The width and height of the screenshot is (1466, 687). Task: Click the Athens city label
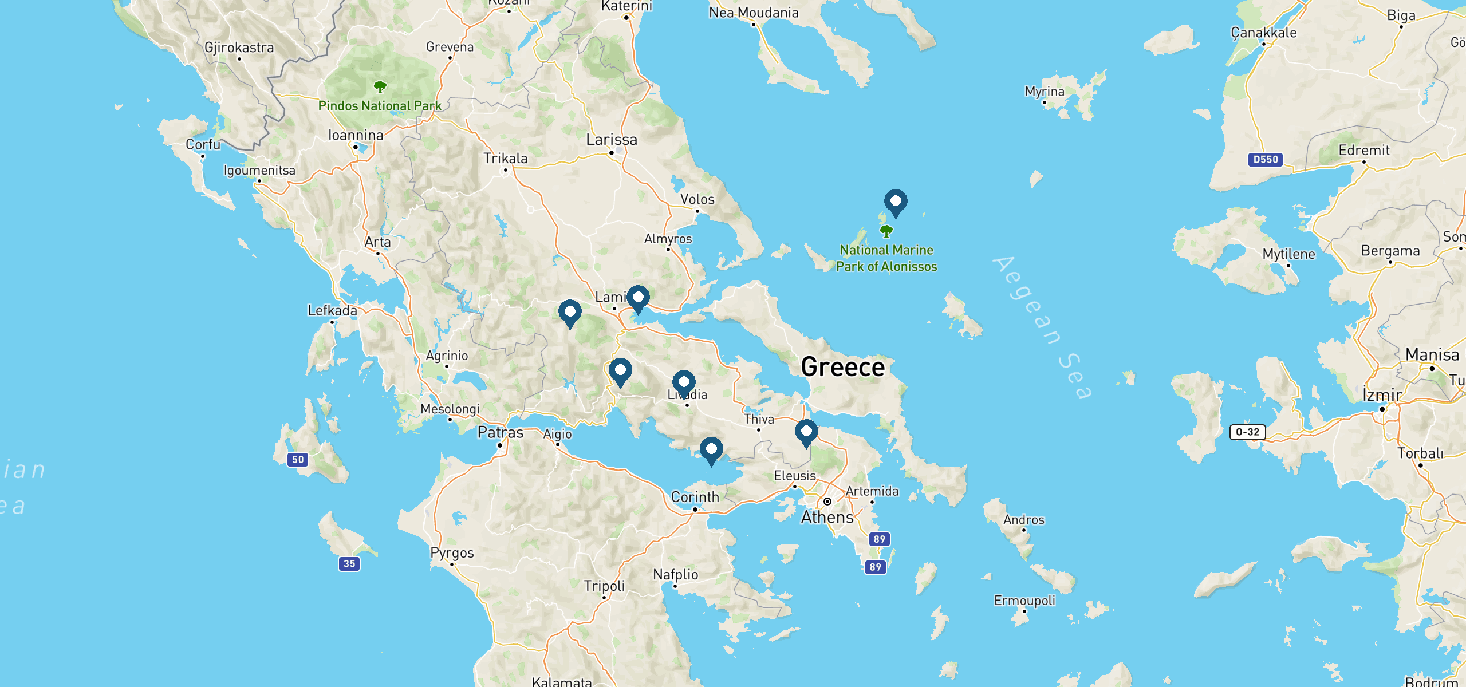point(827,517)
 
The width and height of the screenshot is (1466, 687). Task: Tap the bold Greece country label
point(843,367)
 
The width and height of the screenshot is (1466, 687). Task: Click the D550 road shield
point(1265,160)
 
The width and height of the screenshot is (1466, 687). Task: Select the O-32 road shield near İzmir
point(1247,432)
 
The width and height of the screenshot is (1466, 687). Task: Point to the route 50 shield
point(298,460)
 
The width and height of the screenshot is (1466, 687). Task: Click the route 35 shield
point(349,564)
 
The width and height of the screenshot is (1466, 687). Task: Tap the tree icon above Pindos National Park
point(380,87)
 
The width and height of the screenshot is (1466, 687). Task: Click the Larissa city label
point(611,140)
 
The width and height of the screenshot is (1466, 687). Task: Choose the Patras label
point(501,433)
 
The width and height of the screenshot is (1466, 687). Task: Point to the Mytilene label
point(1288,254)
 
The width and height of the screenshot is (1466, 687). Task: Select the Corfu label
point(203,144)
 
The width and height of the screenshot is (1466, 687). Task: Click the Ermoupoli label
point(1024,601)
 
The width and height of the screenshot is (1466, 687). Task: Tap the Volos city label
point(697,199)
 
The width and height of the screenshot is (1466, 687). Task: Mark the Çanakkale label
point(1263,33)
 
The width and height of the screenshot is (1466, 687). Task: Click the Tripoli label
point(604,586)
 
